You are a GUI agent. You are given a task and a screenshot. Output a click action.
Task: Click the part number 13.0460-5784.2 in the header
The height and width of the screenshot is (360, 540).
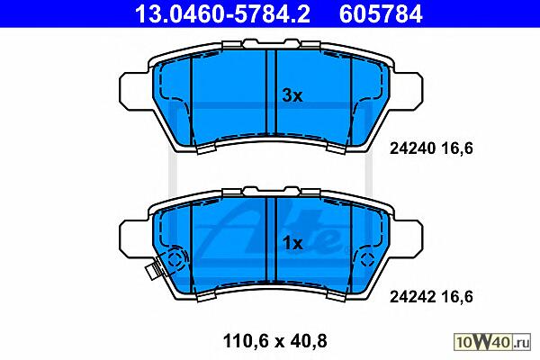[222, 13]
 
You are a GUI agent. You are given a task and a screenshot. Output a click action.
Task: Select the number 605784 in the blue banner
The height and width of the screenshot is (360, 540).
[381, 13]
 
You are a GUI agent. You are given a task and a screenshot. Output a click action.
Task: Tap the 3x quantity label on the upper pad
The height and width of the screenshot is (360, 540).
[292, 95]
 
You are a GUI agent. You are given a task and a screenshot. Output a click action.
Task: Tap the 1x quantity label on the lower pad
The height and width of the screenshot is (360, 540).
[292, 244]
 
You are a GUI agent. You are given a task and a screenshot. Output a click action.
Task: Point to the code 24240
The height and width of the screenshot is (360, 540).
[413, 148]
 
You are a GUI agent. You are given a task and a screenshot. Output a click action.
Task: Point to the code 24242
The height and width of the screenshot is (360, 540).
[413, 297]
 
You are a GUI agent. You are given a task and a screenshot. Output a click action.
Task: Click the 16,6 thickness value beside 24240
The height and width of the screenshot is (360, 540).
[457, 148]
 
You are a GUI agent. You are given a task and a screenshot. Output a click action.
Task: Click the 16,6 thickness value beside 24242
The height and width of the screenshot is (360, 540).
[457, 297]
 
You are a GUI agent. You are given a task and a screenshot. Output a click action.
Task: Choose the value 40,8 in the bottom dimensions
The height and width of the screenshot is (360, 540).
[308, 341]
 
